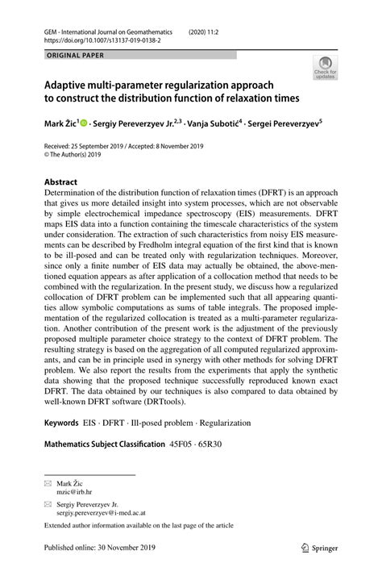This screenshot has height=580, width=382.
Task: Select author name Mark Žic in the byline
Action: (64, 123)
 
